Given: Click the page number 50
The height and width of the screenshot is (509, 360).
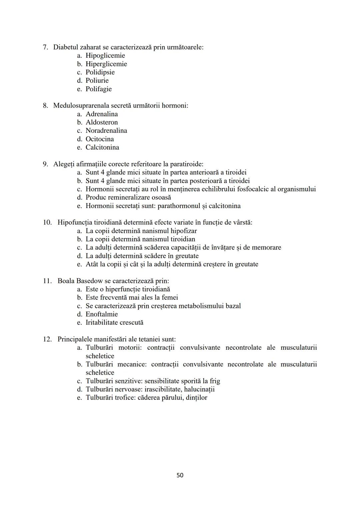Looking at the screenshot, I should (180, 475).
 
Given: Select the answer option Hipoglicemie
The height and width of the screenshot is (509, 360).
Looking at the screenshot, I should (105, 56).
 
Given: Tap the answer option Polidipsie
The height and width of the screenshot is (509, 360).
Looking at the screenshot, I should (100, 72).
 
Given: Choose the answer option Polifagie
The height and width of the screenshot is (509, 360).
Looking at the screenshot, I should (99, 89).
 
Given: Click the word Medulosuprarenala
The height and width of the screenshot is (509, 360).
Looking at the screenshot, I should (81, 106).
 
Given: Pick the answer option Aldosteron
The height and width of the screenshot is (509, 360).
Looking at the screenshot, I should (102, 122).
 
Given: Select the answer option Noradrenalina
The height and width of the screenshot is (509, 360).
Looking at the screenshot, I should (106, 131).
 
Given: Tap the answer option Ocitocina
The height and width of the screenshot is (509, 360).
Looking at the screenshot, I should (100, 139).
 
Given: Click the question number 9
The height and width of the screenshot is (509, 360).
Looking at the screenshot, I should (46, 164).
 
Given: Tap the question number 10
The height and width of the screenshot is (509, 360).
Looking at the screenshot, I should (47, 222).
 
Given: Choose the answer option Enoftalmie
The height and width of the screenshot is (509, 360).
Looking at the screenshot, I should (102, 314).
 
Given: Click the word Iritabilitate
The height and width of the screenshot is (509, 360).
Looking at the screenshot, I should (103, 323).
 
